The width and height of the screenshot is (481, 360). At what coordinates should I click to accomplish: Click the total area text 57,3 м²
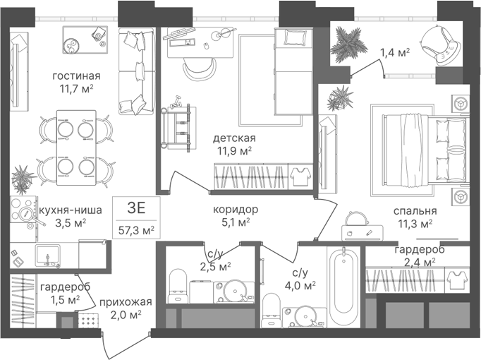(137, 230)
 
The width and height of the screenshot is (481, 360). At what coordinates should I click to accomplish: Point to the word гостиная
(76, 76)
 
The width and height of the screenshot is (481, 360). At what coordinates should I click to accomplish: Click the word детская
(234, 138)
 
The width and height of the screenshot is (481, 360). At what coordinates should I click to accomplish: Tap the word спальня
(415, 211)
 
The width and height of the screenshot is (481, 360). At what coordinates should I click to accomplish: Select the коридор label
(236, 210)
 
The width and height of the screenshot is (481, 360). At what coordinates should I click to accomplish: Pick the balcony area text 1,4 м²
(395, 53)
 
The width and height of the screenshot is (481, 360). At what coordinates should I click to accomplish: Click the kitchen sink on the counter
(47, 256)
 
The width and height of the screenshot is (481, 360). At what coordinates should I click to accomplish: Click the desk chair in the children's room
(200, 69)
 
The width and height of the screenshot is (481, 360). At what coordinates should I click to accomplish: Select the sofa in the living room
(136, 71)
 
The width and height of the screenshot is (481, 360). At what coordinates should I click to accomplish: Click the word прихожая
(126, 302)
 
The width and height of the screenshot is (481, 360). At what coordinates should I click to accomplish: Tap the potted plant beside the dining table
(23, 179)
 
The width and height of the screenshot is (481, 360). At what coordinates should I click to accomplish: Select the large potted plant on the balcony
(349, 44)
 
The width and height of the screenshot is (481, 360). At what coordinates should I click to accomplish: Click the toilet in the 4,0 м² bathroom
(272, 311)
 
